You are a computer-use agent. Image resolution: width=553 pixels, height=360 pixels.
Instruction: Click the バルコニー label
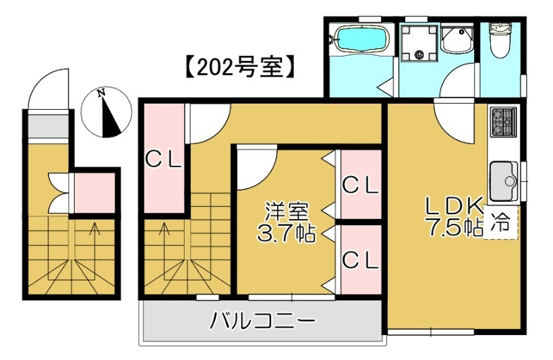coord(263,321)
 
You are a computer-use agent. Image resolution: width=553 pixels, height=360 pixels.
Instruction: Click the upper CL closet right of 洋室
coord(360,184)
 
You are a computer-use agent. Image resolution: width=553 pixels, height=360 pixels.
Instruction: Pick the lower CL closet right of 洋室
coord(360,259)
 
